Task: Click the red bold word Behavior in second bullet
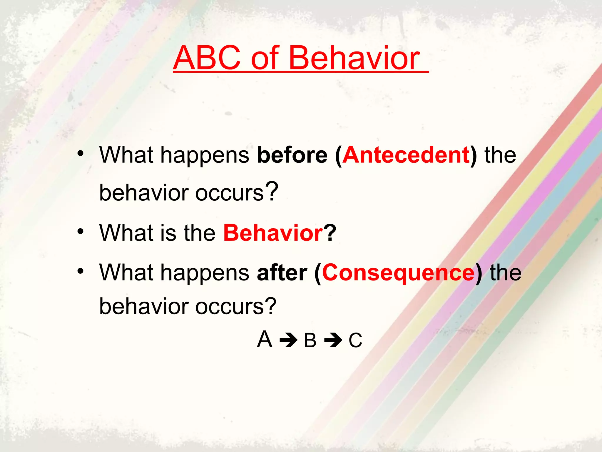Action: coord(273,233)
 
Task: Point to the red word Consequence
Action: coord(398,272)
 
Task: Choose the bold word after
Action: coord(282,272)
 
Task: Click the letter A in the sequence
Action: coord(265,340)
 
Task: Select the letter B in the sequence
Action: coord(310,340)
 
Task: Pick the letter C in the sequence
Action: coord(355,340)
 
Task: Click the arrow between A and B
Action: coord(288,341)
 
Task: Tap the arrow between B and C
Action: coord(333,341)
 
